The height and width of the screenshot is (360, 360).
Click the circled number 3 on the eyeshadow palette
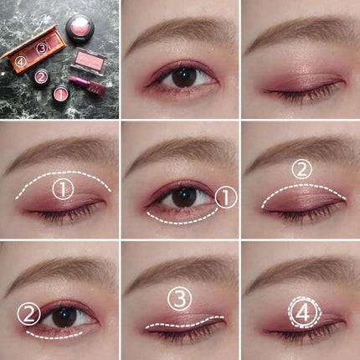pos(42,49)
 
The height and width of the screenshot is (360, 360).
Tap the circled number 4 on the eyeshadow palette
pos(21,62)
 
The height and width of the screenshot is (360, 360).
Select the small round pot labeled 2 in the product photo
pos(41,76)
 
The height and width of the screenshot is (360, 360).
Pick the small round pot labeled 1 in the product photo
pos(61,94)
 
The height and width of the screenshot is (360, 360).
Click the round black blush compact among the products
pos(80,28)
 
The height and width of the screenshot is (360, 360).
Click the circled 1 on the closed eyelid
pos(63,189)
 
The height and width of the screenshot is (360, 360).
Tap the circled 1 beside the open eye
pos(226,198)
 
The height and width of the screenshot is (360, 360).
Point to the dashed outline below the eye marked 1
pos(183,218)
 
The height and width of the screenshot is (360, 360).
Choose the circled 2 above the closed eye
pos(301,170)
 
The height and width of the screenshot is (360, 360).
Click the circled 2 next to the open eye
pos(29,315)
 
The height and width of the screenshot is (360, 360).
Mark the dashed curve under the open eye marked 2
pos(54,336)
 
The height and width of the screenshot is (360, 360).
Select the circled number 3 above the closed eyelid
pos(180,299)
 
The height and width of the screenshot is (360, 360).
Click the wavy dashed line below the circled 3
pos(184,323)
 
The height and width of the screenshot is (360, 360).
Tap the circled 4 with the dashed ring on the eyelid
pos(303,312)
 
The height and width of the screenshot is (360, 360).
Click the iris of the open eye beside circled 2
pos(64,316)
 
